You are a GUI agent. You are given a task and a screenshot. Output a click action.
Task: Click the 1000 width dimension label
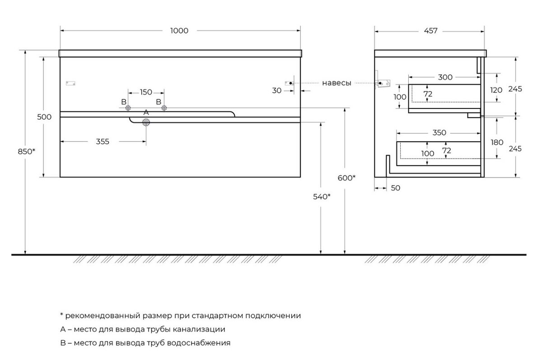tap(179, 31)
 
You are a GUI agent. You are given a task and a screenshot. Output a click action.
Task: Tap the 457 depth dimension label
tap(431, 31)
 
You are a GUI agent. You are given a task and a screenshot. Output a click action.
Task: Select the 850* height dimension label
tap(26, 151)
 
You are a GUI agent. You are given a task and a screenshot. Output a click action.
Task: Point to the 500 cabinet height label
tap(44, 117)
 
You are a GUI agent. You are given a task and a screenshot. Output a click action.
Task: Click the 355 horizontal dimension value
tap(103, 141)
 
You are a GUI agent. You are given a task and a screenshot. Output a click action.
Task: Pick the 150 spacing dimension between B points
tap(146, 92)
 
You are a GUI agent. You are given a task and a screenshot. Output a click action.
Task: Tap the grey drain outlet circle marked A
tap(146, 122)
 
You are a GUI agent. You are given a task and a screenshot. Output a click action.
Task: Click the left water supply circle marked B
tap(128, 108)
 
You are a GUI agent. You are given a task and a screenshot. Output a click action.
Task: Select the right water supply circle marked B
tap(164, 108)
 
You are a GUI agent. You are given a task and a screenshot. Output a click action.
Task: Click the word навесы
tap(336, 83)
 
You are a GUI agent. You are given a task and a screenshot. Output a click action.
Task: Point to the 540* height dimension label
tap(322, 196)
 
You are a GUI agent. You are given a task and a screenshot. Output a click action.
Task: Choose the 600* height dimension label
tap(346, 178)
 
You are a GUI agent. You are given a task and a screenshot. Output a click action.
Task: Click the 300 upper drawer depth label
tap(445, 77)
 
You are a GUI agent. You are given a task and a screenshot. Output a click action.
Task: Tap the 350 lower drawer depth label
tap(439, 133)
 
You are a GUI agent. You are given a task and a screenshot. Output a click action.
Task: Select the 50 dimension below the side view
tap(395, 188)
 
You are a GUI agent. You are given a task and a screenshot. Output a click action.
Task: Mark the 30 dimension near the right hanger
tap(276, 90)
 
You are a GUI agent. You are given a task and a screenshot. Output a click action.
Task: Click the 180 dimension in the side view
tap(497, 142)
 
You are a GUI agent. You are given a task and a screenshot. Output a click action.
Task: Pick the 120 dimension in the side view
tap(496, 90)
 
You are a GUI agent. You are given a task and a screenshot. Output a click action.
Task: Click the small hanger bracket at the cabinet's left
tap(70, 84)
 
